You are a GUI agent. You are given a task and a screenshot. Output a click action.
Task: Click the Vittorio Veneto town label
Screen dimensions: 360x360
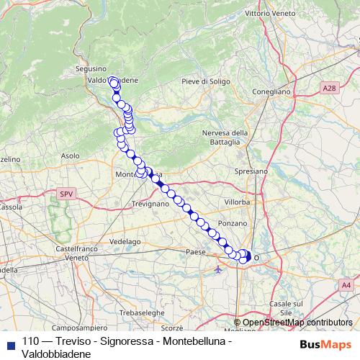(x=272, y=13)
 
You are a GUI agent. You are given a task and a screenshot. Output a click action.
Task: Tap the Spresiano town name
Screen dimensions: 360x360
(x=251, y=171)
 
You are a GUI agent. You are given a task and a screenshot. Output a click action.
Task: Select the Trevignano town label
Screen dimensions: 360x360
(x=150, y=204)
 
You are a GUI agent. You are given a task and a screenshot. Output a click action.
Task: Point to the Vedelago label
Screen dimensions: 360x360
(x=124, y=241)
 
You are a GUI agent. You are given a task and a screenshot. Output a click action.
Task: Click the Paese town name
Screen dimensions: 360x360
(x=195, y=251)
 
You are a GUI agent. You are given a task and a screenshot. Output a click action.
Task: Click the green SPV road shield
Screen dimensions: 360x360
(x=67, y=194)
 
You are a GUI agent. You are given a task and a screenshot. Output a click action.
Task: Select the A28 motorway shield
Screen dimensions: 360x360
(x=330, y=88)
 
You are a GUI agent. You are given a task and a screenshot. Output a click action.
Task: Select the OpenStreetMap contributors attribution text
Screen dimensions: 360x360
(x=297, y=323)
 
